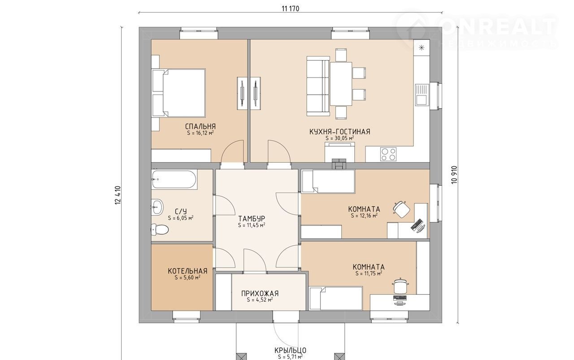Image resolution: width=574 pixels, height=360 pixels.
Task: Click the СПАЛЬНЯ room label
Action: [x=200, y=126]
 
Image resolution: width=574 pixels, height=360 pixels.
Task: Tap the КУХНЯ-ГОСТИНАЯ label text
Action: [x=340, y=132]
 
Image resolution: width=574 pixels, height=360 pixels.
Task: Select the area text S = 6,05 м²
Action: [x=181, y=218]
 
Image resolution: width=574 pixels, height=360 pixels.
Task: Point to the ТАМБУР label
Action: [x=252, y=219]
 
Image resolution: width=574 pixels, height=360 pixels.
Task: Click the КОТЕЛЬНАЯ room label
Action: [x=187, y=271]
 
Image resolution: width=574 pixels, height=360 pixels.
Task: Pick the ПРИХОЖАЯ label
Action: [x=260, y=293]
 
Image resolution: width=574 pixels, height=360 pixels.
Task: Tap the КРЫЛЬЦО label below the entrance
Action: [x=290, y=350]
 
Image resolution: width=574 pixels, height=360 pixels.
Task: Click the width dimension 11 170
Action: [x=290, y=9]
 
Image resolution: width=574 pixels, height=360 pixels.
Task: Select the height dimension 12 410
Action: [x=118, y=195]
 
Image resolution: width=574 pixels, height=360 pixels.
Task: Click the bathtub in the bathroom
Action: [x=174, y=180]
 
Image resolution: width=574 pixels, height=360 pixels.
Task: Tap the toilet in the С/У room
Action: [x=159, y=230]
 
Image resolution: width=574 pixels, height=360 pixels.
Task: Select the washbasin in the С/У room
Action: [x=157, y=207]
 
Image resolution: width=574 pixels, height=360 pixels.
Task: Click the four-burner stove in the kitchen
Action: [x=388, y=154]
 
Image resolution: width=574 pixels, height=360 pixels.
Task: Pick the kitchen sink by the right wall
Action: [x=422, y=95]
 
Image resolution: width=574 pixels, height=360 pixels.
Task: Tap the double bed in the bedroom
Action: [x=179, y=93]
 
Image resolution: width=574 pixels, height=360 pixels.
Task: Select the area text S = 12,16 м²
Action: [x=364, y=216]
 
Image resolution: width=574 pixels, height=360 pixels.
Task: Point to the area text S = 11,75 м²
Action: [x=369, y=273]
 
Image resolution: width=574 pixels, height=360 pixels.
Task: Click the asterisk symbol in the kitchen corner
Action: [x=422, y=48]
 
